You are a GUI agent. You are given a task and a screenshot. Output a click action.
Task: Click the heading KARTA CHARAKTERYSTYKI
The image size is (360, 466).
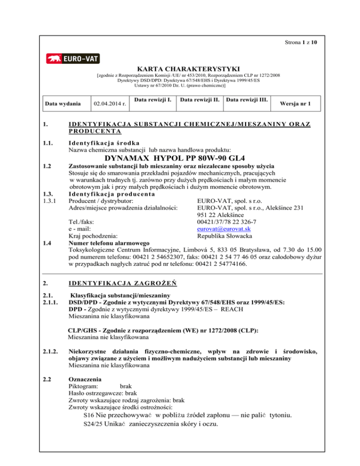point(180,68)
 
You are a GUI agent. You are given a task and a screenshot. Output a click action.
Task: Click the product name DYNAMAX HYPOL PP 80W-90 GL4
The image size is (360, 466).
point(180,158)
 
